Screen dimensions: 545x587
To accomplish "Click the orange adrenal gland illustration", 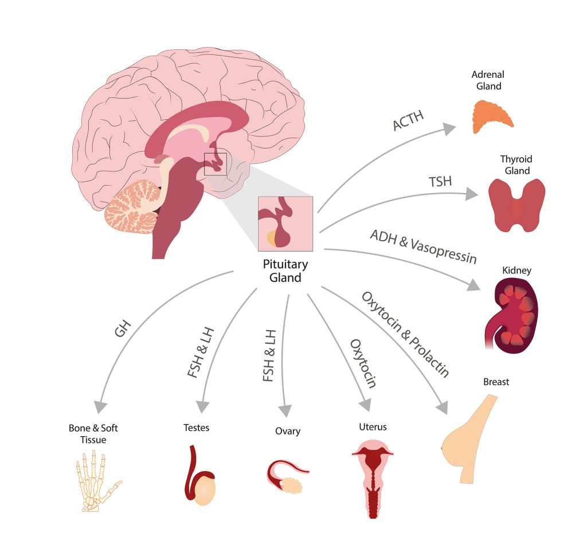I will (492, 116).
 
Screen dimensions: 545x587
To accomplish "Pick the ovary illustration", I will (289, 478).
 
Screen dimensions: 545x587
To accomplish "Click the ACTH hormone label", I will (408, 117).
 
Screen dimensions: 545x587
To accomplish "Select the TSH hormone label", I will (440, 183).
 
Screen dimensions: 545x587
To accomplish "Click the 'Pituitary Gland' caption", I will (285, 271).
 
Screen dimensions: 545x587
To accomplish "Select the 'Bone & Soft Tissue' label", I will (93, 434).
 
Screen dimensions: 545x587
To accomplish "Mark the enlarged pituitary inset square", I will (285, 224).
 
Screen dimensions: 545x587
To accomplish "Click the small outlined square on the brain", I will (216, 164).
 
